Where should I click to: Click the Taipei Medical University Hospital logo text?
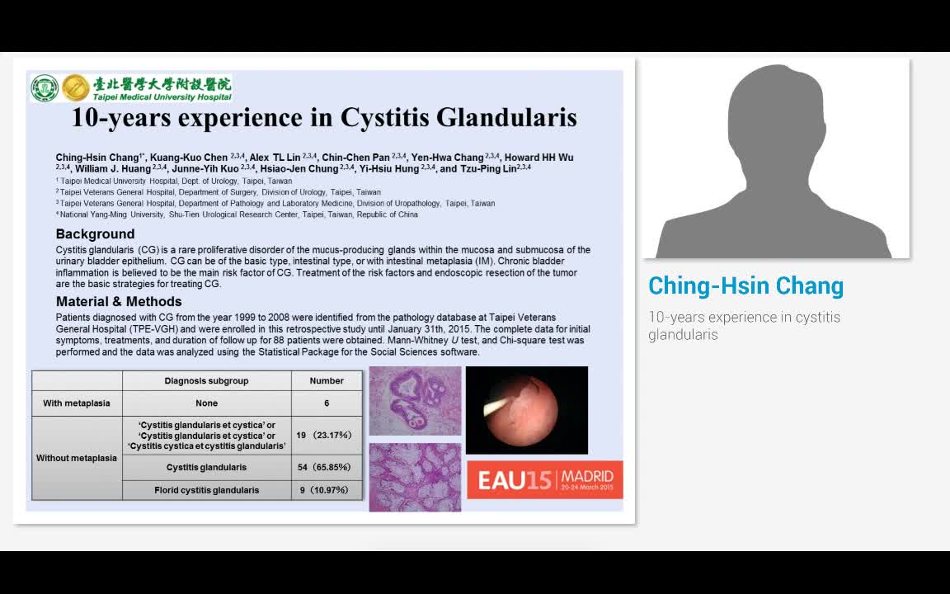[x=162, y=88]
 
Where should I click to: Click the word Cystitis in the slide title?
[x=384, y=118]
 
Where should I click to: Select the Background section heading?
[x=95, y=234]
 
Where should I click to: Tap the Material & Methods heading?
[x=119, y=301]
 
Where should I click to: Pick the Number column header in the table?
[x=327, y=380]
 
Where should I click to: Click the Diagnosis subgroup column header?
[x=206, y=380]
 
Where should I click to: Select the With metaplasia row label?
[x=77, y=403]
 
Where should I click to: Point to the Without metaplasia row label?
[x=77, y=458]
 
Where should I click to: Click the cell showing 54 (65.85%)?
[x=327, y=467]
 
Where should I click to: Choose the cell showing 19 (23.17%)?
[x=327, y=435]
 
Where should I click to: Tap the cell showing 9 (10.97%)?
[x=327, y=490]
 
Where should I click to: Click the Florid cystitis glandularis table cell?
[x=206, y=490]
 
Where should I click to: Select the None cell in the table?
[x=206, y=403]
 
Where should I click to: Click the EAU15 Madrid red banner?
[x=545, y=479]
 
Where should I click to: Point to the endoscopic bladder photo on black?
[x=526, y=410]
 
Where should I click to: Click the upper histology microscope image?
[x=415, y=401]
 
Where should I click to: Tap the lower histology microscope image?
[x=415, y=477]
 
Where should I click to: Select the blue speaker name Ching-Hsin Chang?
[x=745, y=286]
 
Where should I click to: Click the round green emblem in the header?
[x=45, y=88]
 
